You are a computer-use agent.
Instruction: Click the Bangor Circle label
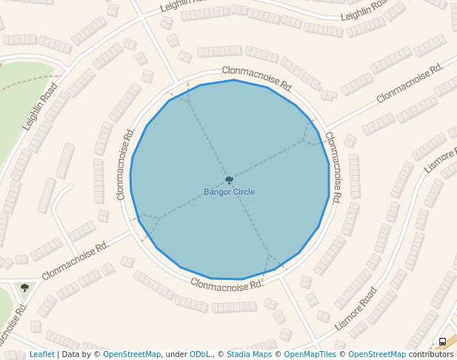point(229,192)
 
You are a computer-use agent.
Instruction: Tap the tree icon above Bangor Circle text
point(229,180)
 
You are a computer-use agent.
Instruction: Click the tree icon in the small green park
point(24,287)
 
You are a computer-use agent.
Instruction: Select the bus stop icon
point(442,341)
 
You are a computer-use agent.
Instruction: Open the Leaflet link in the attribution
point(41,355)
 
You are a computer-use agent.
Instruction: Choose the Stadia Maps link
point(250,355)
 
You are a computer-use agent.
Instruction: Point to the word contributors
point(431,355)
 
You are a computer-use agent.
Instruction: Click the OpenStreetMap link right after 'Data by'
point(131,355)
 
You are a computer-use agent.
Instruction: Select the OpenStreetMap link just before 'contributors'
point(376,355)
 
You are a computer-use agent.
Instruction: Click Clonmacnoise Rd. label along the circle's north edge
point(257,78)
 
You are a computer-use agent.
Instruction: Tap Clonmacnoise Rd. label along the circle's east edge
point(333,168)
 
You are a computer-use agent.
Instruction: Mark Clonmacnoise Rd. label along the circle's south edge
point(225,284)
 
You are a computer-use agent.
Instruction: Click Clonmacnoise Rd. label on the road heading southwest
point(75,259)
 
